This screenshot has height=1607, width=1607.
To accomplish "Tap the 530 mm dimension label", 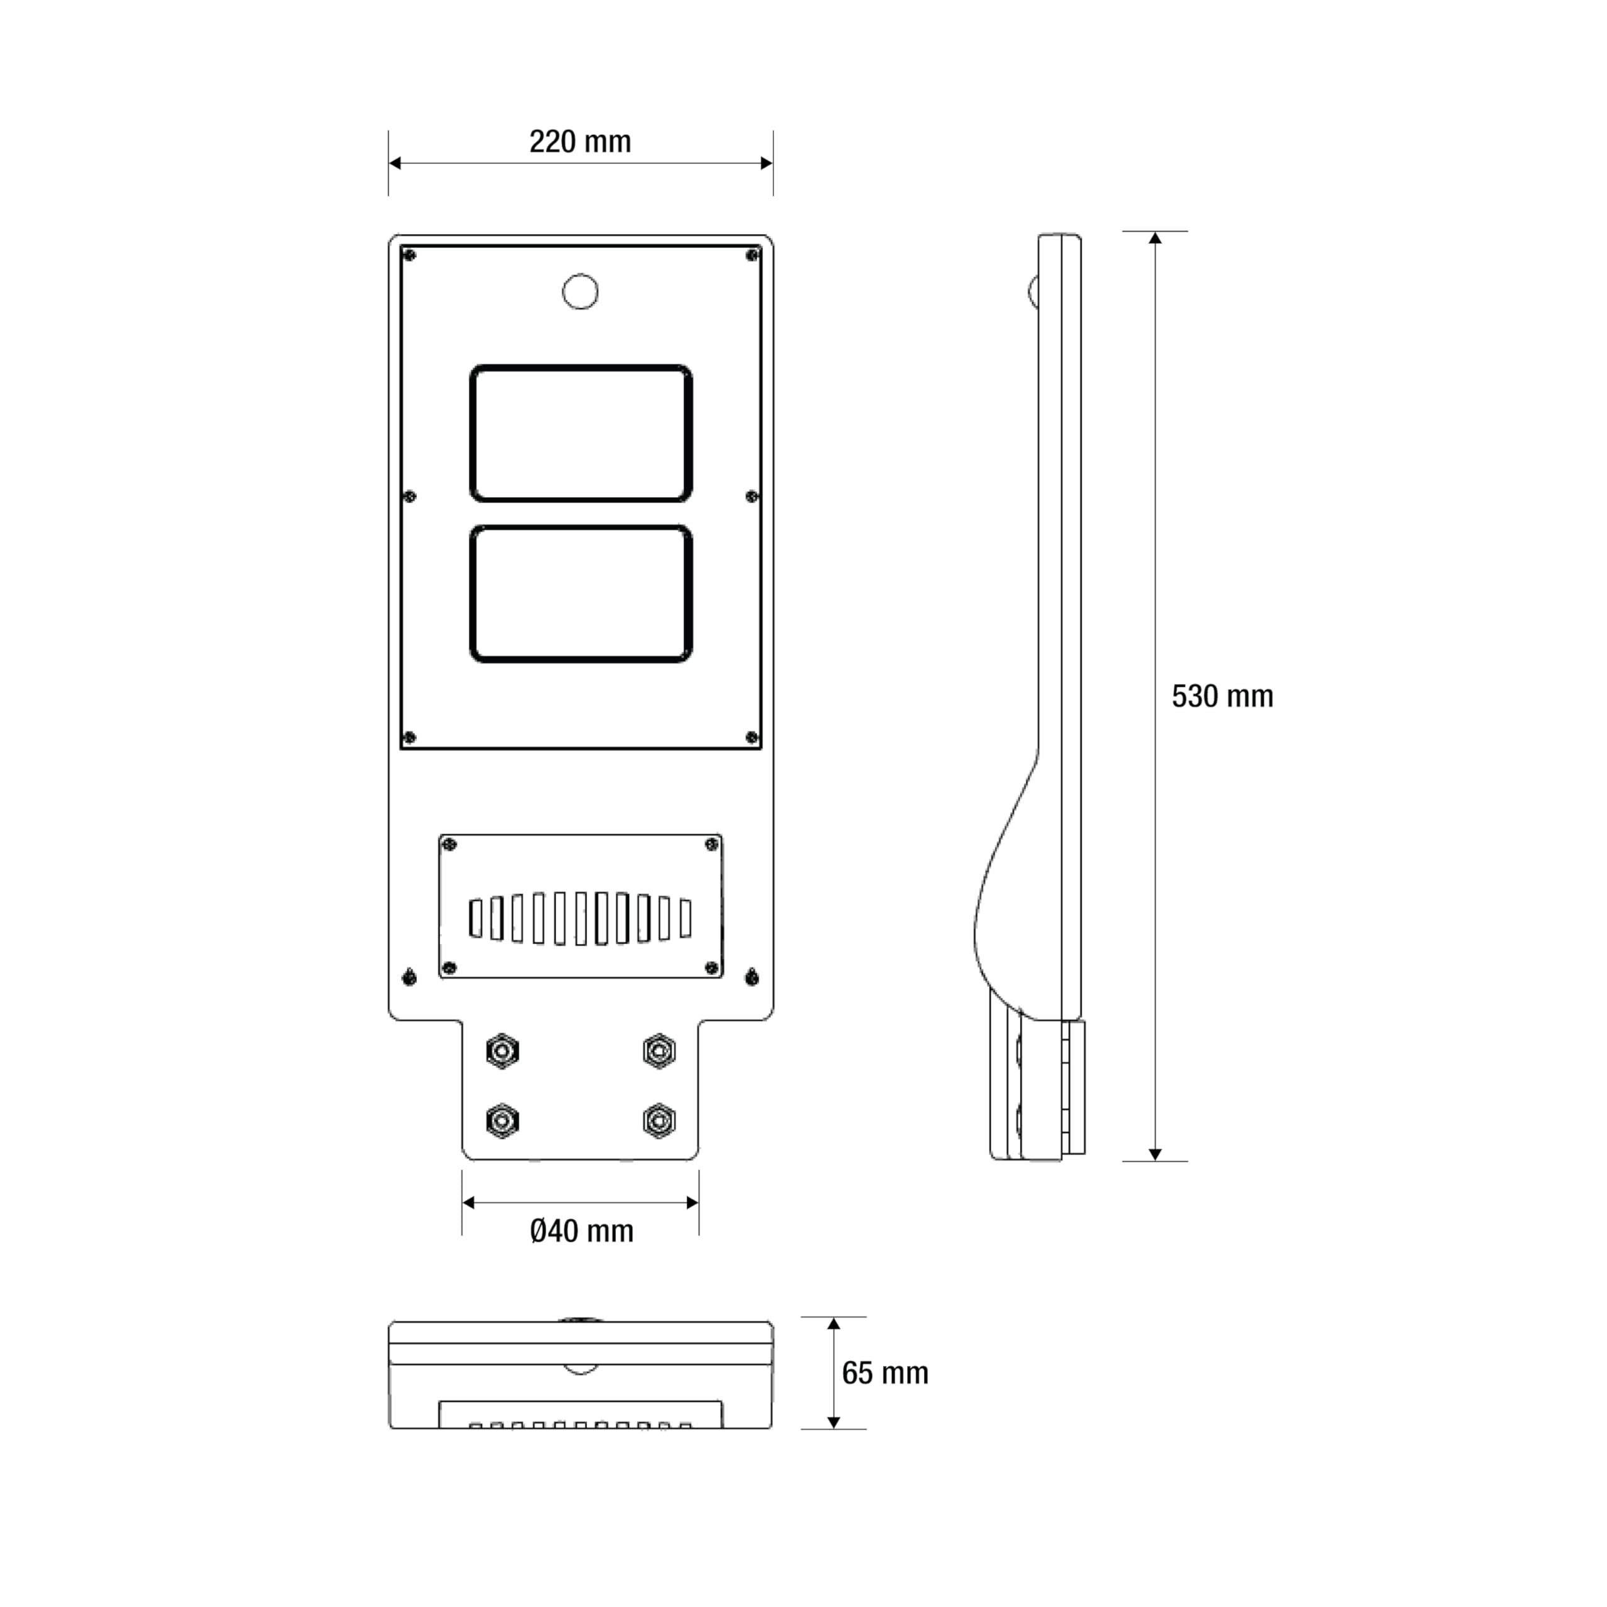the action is [1222, 696].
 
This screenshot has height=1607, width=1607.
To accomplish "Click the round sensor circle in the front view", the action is [581, 292].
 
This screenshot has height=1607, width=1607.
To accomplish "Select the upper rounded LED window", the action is [581, 433].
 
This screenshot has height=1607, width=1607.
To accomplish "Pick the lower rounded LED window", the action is [581, 594].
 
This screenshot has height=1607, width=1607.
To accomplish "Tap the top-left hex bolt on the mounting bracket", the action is [502, 1052].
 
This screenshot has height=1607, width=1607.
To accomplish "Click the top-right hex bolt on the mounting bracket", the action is [658, 1051].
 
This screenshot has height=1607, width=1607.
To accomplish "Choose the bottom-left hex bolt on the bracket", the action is [502, 1121].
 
